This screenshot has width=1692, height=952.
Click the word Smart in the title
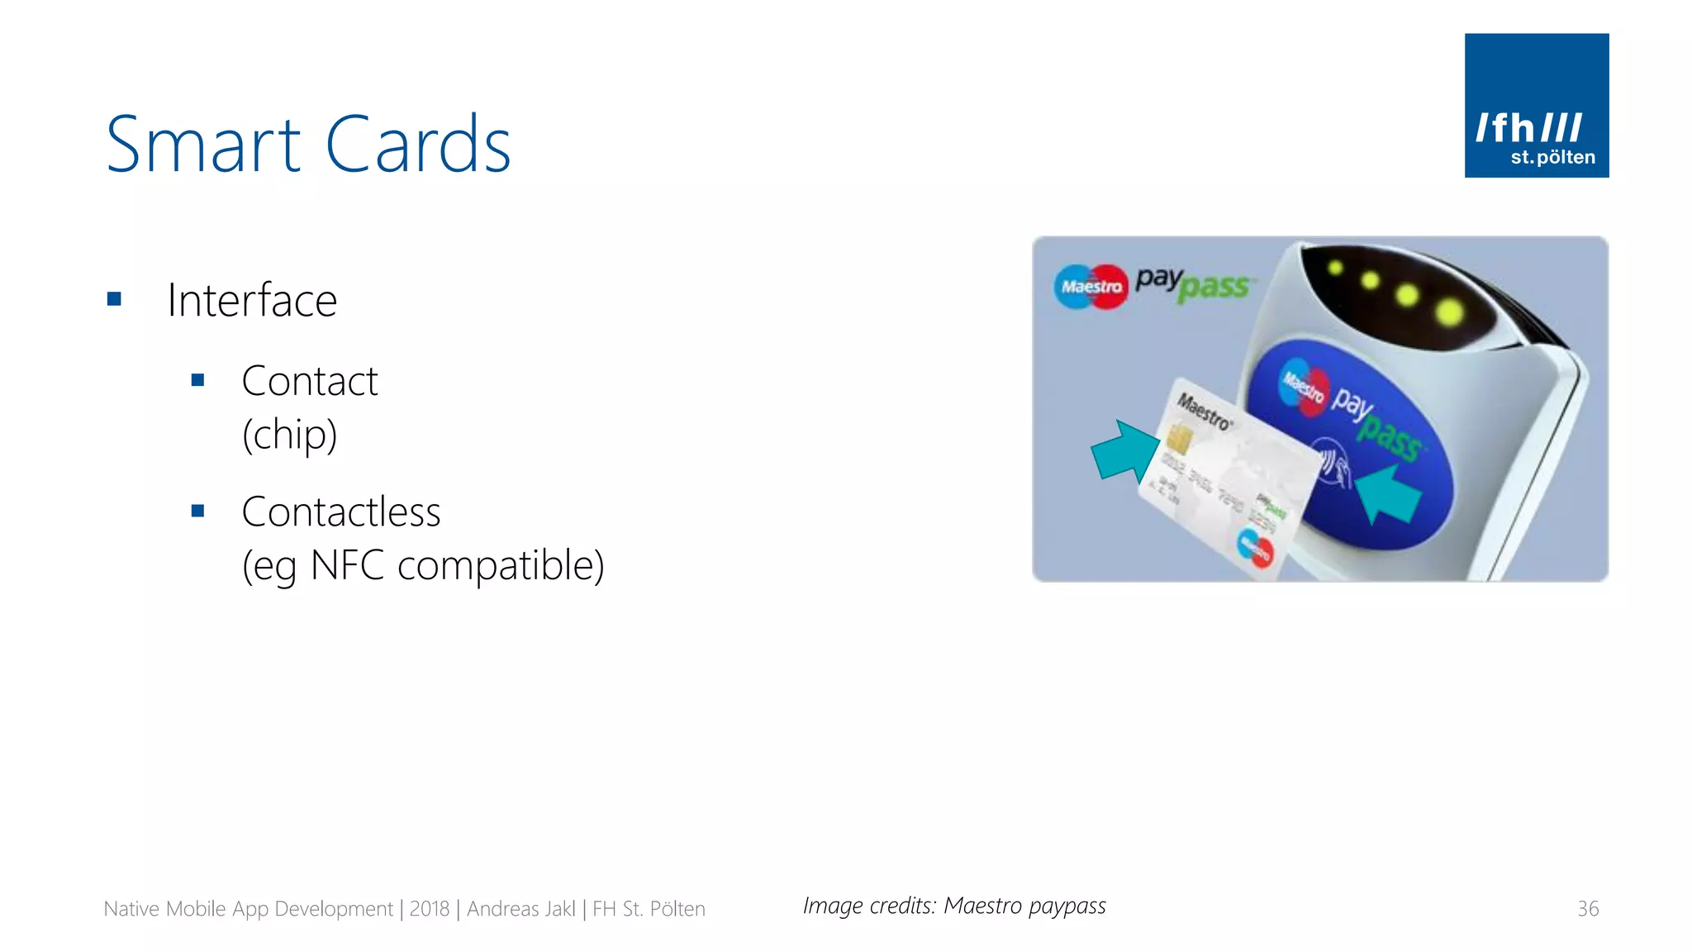(202, 146)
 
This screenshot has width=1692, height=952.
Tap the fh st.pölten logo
(1536, 106)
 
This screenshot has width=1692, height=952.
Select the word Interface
(252, 300)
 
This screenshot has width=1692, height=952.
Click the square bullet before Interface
(115, 299)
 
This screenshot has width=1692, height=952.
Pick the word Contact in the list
(309, 382)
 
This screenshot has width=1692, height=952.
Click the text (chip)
(289, 435)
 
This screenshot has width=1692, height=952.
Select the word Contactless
(340, 512)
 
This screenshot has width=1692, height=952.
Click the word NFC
(347, 566)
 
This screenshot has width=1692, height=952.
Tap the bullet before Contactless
(197, 512)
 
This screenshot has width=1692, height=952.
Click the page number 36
(1587, 909)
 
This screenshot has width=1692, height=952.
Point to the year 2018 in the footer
(429, 909)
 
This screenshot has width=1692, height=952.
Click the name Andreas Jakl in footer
(520, 909)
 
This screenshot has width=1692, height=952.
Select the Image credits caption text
(953, 907)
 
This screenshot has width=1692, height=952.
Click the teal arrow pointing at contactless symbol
(1390, 493)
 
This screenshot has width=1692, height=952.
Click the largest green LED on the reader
(1449, 312)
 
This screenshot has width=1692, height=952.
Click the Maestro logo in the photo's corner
(1091, 287)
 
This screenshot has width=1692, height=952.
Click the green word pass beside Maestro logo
(1214, 288)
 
